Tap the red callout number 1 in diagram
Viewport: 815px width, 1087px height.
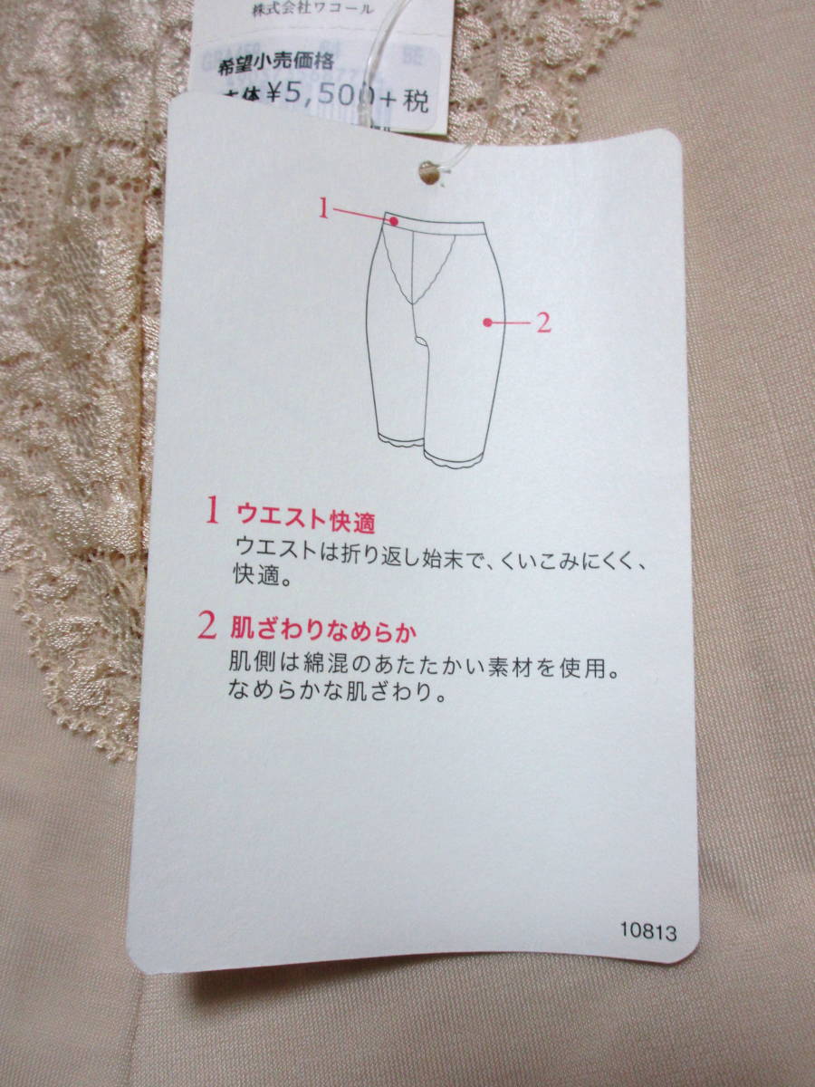tap(323, 208)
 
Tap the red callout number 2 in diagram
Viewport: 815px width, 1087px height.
tap(543, 322)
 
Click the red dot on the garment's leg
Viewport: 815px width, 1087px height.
tap(488, 322)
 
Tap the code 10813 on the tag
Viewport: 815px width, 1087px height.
tap(647, 930)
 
